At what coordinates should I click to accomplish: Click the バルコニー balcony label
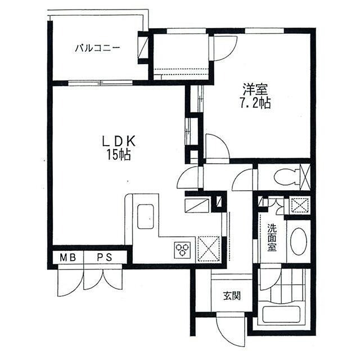coord(98,49)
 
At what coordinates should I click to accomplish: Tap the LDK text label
coord(119,142)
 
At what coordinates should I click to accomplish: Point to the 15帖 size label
coord(119,155)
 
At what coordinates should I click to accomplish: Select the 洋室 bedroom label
coord(255,90)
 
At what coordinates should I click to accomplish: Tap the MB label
coord(68,258)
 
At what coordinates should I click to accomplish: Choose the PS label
coord(105,258)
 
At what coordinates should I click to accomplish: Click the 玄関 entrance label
coord(232,296)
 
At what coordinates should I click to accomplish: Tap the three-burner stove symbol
coord(183,249)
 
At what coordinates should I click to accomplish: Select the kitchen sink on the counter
coord(145,216)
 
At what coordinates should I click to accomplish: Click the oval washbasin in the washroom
coord(298,241)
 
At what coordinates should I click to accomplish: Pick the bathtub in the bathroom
coord(279,315)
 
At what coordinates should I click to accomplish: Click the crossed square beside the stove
coord(209,249)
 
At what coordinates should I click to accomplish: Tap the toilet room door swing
coord(242,180)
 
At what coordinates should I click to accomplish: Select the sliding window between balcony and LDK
coord(101,83)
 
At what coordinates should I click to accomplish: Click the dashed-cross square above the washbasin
coord(300,205)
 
